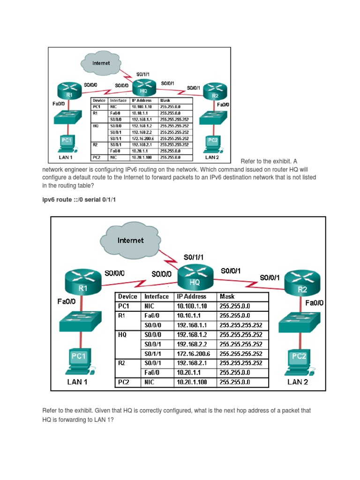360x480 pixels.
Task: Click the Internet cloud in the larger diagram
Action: [x=131, y=240]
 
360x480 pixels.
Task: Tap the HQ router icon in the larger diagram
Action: [x=195, y=277]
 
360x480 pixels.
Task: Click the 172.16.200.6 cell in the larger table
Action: [x=194, y=354]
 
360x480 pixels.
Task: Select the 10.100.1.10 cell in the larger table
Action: [x=192, y=306]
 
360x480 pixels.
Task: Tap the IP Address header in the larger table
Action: [x=191, y=297]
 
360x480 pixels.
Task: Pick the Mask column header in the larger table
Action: [x=227, y=297]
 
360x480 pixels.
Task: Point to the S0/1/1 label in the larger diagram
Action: [x=194, y=257]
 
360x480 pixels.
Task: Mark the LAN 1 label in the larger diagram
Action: [x=77, y=382]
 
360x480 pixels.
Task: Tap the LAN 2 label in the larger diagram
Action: [x=297, y=382]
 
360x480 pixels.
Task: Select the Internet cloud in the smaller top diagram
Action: [x=101, y=63]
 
